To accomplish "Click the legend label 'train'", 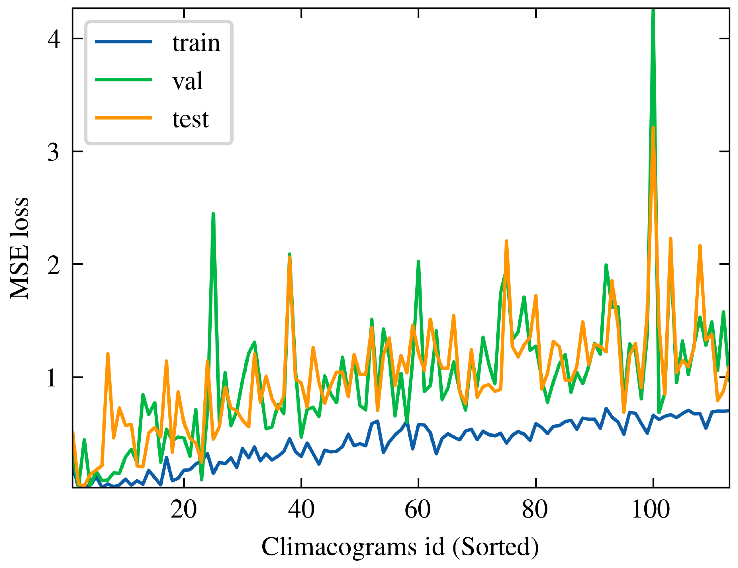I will click(196, 43).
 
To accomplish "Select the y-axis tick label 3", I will click(53, 152).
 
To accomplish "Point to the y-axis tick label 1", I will click(52, 378).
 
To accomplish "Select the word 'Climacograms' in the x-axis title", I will click(339, 547).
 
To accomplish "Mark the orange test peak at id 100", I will click(653, 128).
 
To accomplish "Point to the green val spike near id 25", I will click(213, 214).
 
